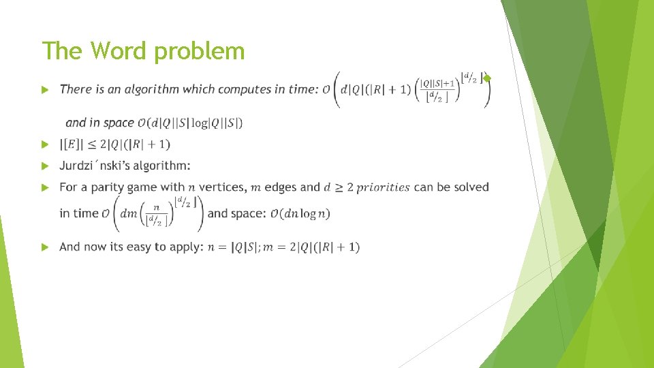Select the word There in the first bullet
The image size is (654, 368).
pos(76,89)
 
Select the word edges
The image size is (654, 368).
pos(280,187)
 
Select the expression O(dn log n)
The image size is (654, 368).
pos(300,214)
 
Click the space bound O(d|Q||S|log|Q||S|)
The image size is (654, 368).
pos(190,123)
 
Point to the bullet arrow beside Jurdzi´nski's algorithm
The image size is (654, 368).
pos(44,166)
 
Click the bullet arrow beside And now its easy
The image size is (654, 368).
pos(44,247)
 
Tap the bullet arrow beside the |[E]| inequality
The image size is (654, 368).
pos(44,144)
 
